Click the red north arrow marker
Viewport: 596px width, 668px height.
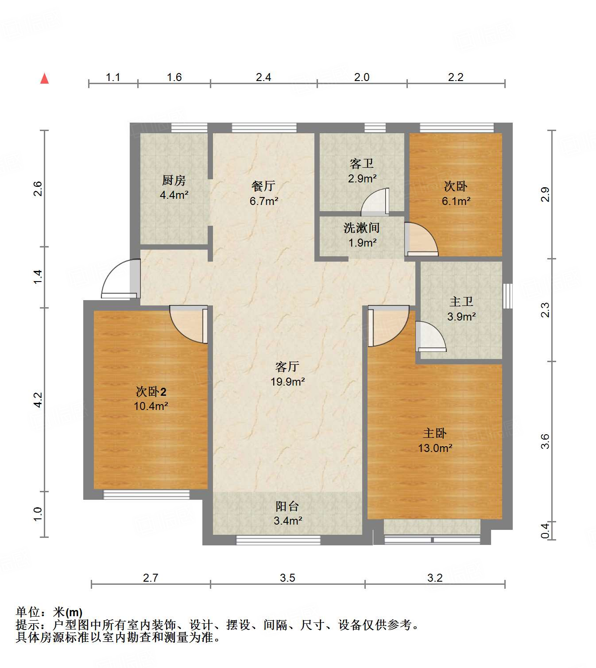(44, 78)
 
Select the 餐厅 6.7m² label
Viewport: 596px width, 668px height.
(263, 193)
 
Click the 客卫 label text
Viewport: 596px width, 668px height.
(362, 164)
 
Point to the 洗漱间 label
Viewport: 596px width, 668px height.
(362, 228)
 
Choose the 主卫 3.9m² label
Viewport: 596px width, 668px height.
(461, 309)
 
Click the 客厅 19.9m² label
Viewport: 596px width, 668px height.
(287, 374)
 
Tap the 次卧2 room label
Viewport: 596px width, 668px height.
(151, 392)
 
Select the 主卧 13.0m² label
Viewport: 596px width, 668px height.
(435, 440)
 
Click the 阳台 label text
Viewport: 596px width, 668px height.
(287, 506)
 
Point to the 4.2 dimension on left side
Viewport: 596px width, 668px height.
(38, 400)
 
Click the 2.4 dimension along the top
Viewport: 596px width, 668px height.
(263, 77)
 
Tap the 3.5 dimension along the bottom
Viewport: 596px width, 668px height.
(287, 578)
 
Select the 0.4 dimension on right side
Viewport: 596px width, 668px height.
(545, 531)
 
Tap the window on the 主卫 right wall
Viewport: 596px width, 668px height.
(508, 296)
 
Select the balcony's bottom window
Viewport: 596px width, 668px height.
(278, 540)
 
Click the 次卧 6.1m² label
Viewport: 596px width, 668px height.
(456, 193)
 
